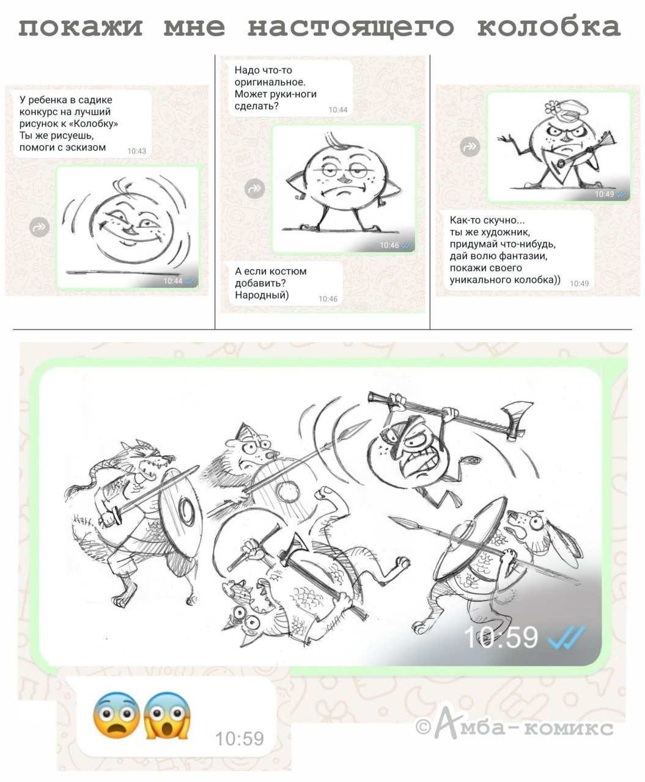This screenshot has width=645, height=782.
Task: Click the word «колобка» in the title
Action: click(x=548, y=27)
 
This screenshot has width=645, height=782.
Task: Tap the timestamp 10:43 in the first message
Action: click(x=136, y=151)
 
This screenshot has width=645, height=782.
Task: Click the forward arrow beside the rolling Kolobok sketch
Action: click(x=39, y=227)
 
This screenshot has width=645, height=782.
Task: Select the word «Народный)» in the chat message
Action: click(x=262, y=295)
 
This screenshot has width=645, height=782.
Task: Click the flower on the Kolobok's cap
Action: click(x=551, y=108)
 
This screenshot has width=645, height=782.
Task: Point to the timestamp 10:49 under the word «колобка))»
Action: click(x=579, y=283)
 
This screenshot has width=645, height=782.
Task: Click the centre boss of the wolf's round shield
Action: click(x=185, y=511)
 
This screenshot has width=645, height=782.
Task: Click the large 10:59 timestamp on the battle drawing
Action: click(x=501, y=637)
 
